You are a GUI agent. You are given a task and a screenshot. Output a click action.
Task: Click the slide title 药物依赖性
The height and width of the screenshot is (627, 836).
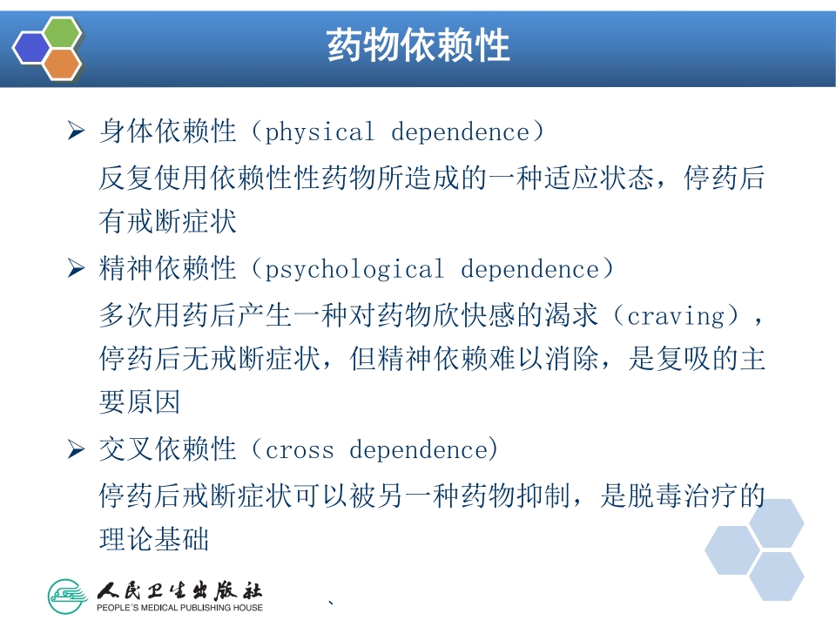click(418, 45)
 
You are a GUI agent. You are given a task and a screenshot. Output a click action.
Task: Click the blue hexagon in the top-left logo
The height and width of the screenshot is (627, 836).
click(32, 48)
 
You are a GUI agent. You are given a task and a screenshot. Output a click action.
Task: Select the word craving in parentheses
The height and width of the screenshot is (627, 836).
click(676, 314)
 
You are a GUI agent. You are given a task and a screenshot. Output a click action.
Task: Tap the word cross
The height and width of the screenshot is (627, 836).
click(299, 450)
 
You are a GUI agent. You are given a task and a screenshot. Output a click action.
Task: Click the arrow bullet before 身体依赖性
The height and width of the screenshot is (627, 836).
click(76, 132)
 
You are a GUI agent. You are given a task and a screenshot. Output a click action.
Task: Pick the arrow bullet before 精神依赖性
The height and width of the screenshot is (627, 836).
click(76, 269)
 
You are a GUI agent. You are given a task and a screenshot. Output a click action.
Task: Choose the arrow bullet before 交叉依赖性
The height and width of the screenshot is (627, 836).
click(76, 450)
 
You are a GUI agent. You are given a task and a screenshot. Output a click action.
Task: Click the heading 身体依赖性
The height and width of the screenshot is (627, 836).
click(168, 132)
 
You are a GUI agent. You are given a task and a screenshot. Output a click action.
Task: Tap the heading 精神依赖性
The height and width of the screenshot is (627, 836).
click(168, 269)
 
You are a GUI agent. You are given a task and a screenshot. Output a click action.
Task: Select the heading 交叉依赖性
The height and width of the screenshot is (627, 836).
click(168, 450)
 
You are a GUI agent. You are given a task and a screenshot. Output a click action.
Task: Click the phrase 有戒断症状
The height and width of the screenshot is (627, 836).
click(168, 223)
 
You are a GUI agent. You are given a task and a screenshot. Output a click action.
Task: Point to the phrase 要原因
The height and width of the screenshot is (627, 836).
click(140, 404)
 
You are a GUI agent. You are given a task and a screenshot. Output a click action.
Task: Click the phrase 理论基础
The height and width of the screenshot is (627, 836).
click(154, 540)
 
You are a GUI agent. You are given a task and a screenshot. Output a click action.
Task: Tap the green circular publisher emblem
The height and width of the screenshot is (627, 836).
click(69, 595)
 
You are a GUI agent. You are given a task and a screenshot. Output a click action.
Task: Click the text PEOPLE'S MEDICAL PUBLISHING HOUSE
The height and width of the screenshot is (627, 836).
click(179, 607)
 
